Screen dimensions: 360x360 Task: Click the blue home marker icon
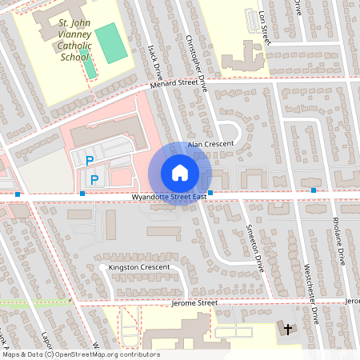click(179, 173)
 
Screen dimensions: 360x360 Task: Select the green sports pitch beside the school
click(110, 43)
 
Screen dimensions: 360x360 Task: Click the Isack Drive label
click(157, 57)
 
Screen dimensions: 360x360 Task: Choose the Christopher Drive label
click(196, 60)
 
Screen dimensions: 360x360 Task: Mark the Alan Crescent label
click(210, 144)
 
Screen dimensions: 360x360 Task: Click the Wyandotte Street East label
click(170, 196)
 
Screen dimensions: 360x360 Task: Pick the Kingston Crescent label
click(134, 266)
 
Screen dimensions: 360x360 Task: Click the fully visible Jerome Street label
click(194, 303)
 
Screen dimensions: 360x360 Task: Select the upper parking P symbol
click(89, 162)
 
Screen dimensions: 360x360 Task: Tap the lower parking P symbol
click(94, 179)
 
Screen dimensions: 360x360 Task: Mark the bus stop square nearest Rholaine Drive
click(314, 190)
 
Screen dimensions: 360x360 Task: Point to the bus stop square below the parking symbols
click(82, 193)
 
